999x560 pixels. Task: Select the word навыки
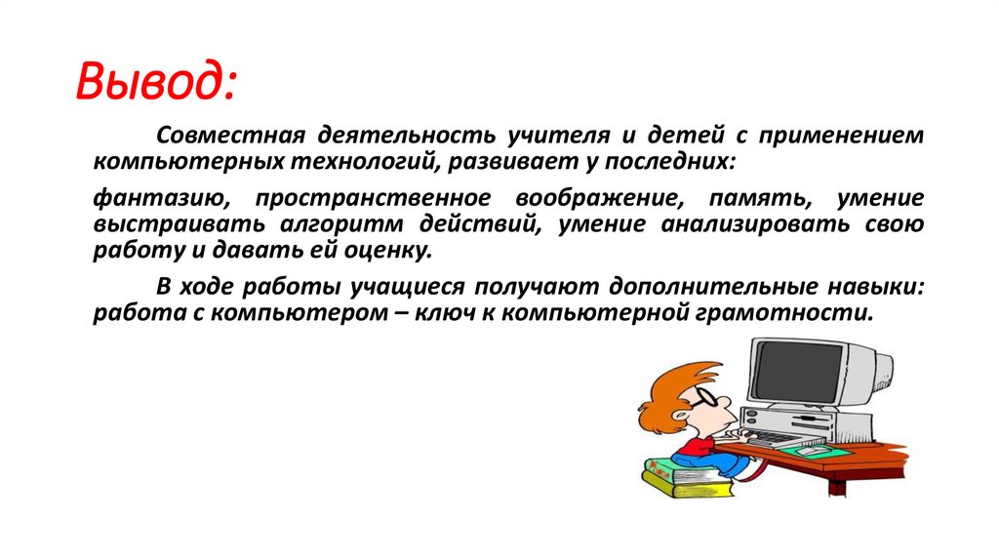pyautogui.click(x=875, y=290)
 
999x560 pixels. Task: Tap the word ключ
pyautogui.click(x=453, y=314)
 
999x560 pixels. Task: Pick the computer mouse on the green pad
pyautogui.click(x=810, y=449)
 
